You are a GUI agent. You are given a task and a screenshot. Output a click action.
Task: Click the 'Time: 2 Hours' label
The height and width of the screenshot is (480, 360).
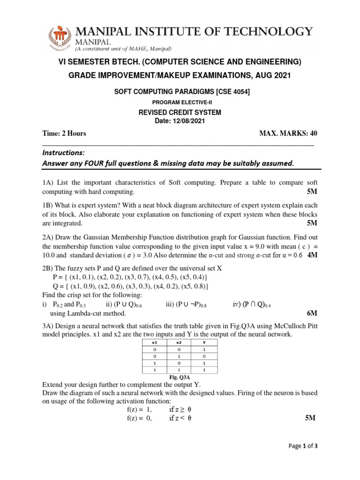click(x=64, y=134)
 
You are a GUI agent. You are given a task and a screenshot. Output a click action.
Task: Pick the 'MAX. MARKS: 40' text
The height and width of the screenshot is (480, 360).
click(x=288, y=134)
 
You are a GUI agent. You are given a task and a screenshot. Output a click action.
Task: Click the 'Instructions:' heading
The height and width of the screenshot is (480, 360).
click(x=64, y=153)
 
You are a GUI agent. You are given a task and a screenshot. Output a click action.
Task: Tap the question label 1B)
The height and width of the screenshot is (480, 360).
click(x=49, y=205)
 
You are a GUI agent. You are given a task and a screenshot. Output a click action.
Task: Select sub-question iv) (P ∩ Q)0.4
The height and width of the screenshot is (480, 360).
click(x=252, y=304)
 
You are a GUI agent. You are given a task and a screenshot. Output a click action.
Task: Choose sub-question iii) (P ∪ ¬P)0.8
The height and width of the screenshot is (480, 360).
click(x=186, y=304)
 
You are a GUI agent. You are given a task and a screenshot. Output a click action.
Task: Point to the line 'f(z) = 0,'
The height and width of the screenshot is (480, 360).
click(x=136, y=419)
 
